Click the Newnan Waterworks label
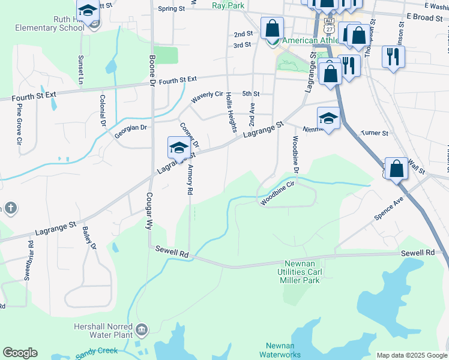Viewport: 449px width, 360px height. point(280,350)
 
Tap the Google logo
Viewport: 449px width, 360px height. point(20,353)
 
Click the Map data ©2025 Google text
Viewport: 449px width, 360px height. point(411,355)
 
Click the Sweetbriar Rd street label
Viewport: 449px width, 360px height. point(28,261)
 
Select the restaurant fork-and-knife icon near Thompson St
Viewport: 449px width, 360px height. point(394,57)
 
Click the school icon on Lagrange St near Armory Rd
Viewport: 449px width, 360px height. point(179,148)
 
